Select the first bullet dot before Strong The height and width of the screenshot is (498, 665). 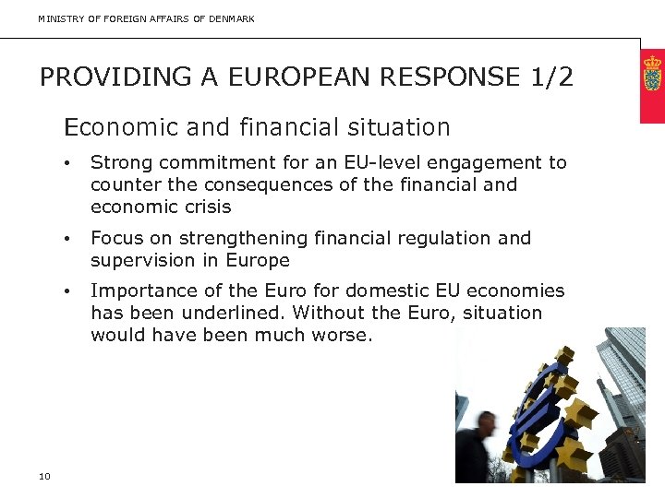point(67,164)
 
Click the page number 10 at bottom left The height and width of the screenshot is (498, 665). point(45,476)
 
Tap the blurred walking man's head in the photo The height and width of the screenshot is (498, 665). point(486,425)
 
